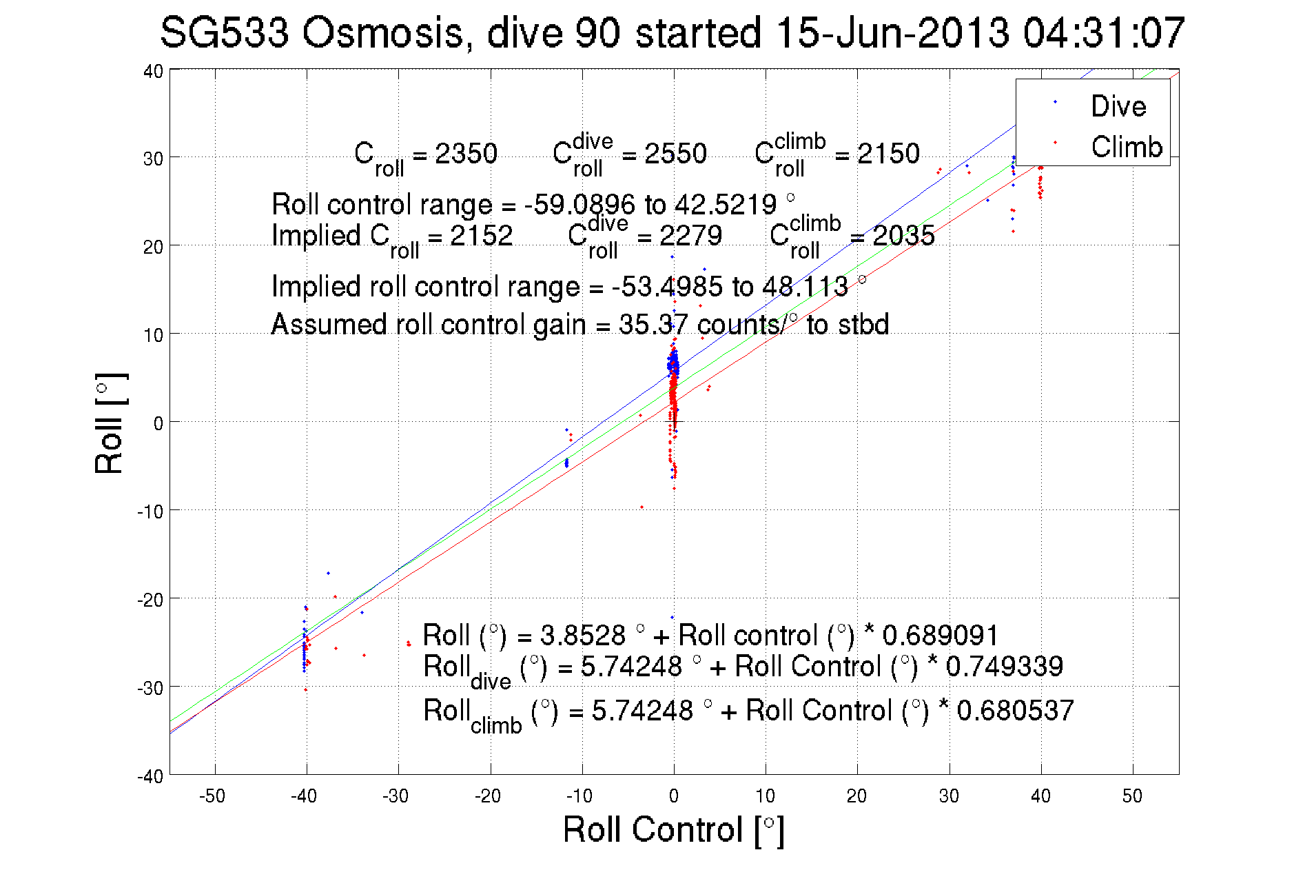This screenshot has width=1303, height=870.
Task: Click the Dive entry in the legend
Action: click(x=1118, y=106)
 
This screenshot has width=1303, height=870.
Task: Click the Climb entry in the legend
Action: click(x=1126, y=147)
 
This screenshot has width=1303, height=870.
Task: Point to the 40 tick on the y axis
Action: click(x=153, y=71)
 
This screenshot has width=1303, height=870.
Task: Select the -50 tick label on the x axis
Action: click(x=212, y=796)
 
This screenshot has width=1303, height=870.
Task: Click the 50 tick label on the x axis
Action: click(x=1132, y=796)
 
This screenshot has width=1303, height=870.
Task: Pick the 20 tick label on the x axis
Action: click(x=856, y=796)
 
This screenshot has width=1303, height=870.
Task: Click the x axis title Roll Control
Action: click(x=673, y=829)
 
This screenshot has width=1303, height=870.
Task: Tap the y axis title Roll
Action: click(x=110, y=424)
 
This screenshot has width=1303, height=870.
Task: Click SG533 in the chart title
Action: click(x=224, y=32)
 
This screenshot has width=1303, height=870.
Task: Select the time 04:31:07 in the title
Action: click(x=1103, y=32)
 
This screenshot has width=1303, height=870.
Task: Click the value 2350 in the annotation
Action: click(x=466, y=153)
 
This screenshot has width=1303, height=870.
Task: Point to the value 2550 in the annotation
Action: click(x=675, y=153)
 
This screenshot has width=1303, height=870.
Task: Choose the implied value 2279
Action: click(x=690, y=236)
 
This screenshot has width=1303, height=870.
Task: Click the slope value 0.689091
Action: click(x=940, y=635)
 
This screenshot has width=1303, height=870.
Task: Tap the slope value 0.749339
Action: click(x=1004, y=667)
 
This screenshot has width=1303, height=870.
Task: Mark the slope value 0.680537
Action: click(x=1015, y=711)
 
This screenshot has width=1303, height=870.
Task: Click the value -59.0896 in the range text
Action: click(x=579, y=205)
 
